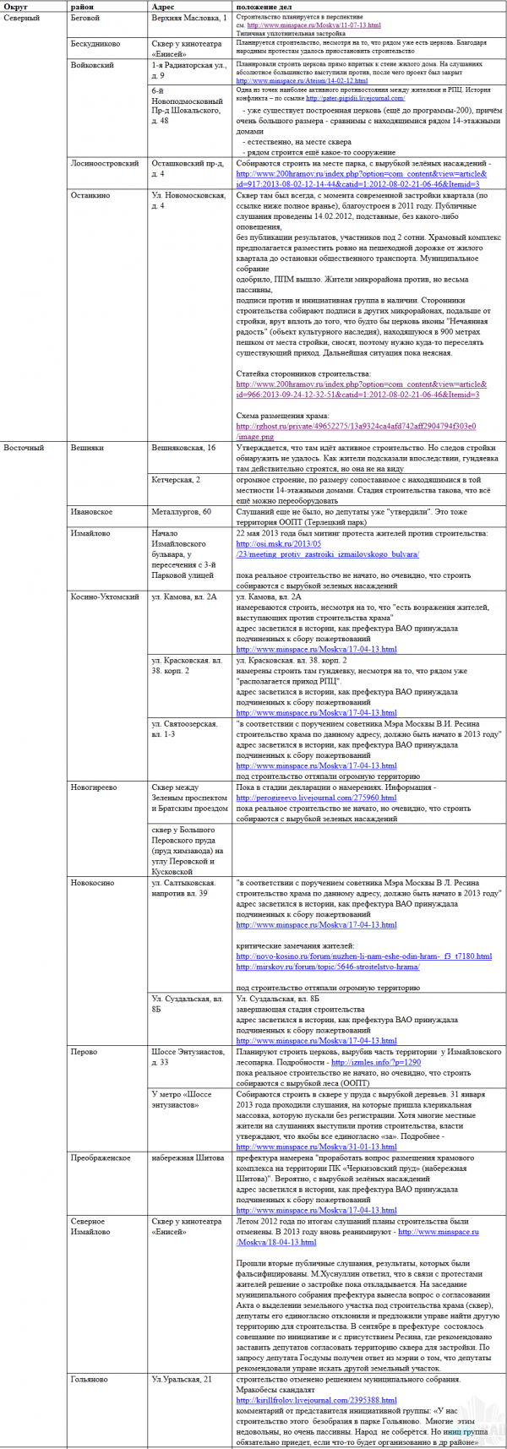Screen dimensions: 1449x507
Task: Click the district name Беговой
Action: pyautogui.click(x=85, y=17)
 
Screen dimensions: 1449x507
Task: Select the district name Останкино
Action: pyautogui.click(x=90, y=195)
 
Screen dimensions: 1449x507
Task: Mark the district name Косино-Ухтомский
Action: pyautogui.click(x=105, y=596)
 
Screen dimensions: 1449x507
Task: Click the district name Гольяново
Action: pyautogui.click(x=90, y=1379)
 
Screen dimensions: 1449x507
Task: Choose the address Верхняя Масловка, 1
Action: pyautogui.click(x=189, y=17)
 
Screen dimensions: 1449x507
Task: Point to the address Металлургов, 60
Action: pyautogui.click(x=182, y=512)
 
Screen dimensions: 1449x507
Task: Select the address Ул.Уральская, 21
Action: pyautogui.click(x=182, y=1379)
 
